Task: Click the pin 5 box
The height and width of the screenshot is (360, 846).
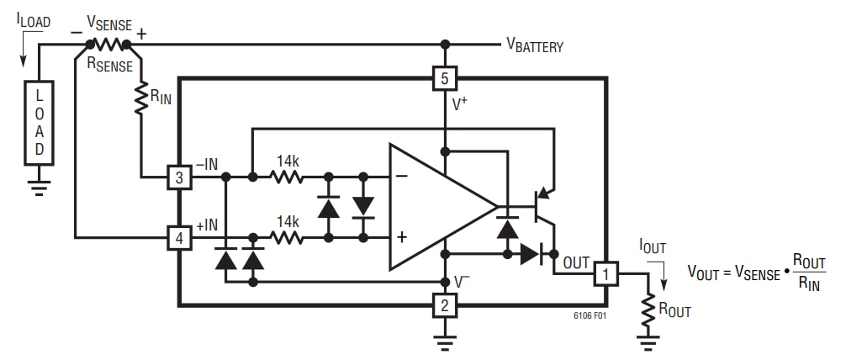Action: coord(444,78)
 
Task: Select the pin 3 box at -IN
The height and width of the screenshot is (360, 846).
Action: coord(179,177)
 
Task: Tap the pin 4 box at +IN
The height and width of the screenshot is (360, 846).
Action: coord(179,238)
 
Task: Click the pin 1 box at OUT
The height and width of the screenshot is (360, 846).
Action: coord(606,273)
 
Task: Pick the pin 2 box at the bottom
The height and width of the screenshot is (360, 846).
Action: coord(444,304)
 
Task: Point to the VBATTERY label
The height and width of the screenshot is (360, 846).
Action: coord(534,46)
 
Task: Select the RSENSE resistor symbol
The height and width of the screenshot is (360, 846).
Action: coord(108,44)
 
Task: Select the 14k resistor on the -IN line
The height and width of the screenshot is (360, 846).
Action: coord(287,177)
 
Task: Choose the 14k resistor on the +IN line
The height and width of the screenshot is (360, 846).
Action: coord(287,238)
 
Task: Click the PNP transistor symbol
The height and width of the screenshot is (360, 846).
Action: coord(542,202)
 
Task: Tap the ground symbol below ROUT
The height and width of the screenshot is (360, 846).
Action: coord(648,343)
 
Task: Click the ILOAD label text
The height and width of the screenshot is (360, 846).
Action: coord(33,22)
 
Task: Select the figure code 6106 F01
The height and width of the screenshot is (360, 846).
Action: coord(586,317)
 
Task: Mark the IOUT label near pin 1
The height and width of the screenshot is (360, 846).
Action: coord(653,247)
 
